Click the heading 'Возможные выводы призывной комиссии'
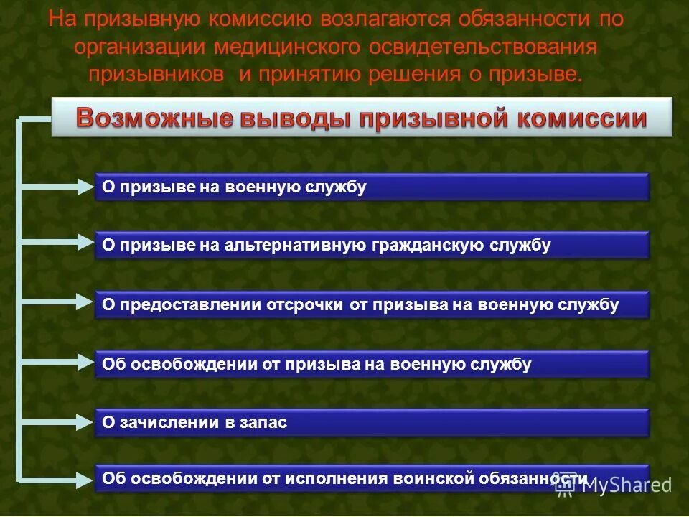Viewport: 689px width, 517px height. point(362,118)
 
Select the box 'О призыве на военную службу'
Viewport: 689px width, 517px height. point(372,187)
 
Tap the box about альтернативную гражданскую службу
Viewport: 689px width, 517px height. point(372,246)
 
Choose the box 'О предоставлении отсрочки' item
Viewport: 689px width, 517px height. point(372,305)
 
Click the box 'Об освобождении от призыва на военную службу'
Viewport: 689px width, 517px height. point(372,364)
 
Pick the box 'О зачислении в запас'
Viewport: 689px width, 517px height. point(372,423)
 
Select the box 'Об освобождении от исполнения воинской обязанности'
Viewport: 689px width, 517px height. point(372,478)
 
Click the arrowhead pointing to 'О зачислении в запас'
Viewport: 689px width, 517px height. point(86,422)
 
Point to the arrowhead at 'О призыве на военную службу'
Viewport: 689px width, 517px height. point(86,187)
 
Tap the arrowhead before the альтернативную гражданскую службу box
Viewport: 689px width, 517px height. point(86,246)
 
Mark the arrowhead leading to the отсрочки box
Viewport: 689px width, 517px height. point(86,305)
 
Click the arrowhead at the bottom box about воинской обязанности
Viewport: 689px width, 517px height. point(86,478)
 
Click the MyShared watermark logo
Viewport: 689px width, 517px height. point(614,485)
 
